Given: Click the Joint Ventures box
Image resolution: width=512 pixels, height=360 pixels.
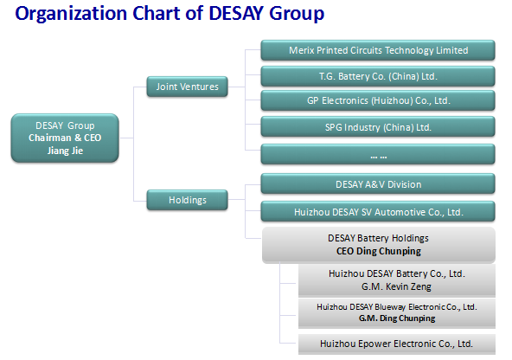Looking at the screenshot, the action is (x=187, y=87).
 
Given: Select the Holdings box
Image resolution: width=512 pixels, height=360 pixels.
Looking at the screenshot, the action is (x=187, y=200).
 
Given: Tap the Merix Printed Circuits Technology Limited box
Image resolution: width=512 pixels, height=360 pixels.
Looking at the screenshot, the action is (x=378, y=50).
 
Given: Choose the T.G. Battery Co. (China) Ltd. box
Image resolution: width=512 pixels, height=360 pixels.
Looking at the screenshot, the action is (x=378, y=76).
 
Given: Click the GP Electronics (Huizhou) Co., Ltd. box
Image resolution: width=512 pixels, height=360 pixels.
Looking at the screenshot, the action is (x=378, y=100).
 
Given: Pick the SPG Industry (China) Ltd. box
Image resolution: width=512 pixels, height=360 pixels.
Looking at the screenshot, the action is (x=378, y=126).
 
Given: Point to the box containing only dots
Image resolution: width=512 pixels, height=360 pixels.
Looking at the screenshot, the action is (x=378, y=154).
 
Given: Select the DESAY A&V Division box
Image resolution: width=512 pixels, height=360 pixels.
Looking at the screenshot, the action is (x=378, y=184).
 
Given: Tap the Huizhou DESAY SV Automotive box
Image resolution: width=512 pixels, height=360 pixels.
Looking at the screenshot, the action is (x=378, y=212).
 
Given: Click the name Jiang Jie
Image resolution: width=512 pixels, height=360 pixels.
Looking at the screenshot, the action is (x=65, y=151).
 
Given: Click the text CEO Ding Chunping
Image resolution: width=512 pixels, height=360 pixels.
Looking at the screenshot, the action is (x=379, y=251).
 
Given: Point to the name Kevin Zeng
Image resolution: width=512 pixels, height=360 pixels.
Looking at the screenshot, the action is (x=408, y=286).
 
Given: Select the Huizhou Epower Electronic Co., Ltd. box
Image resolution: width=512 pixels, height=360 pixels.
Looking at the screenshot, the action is (x=397, y=344).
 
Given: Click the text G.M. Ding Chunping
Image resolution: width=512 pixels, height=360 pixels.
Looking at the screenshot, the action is (x=397, y=318).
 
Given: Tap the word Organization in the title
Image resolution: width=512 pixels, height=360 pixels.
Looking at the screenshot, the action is (x=71, y=13).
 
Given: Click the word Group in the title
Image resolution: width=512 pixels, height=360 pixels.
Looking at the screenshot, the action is (x=297, y=13).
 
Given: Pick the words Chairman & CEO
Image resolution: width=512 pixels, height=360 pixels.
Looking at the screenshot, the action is (x=65, y=138).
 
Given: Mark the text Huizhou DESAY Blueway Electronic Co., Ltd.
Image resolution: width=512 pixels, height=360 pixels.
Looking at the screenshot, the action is (x=397, y=306).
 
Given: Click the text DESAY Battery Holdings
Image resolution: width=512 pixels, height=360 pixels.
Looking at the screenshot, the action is (x=378, y=238).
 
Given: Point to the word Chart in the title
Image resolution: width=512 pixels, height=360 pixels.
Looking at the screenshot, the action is (x=157, y=13).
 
